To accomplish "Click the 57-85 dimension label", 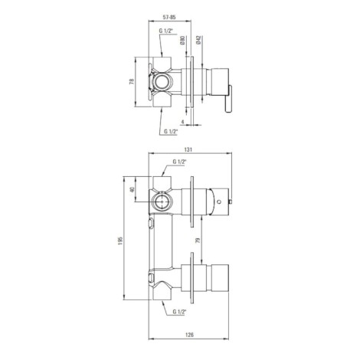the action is click(x=169, y=18).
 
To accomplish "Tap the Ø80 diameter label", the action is click(x=182, y=41).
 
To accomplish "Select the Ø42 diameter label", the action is click(x=199, y=41).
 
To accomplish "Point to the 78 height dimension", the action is click(x=132, y=81).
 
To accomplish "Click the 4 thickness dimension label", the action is click(x=182, y=122).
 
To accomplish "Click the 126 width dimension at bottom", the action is click(x=190, y=335).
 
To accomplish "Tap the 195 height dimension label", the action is click(x=120, y=241).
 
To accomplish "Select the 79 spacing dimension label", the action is click(x=198, y=241).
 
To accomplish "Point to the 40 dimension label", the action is click(x=132, y=189).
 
